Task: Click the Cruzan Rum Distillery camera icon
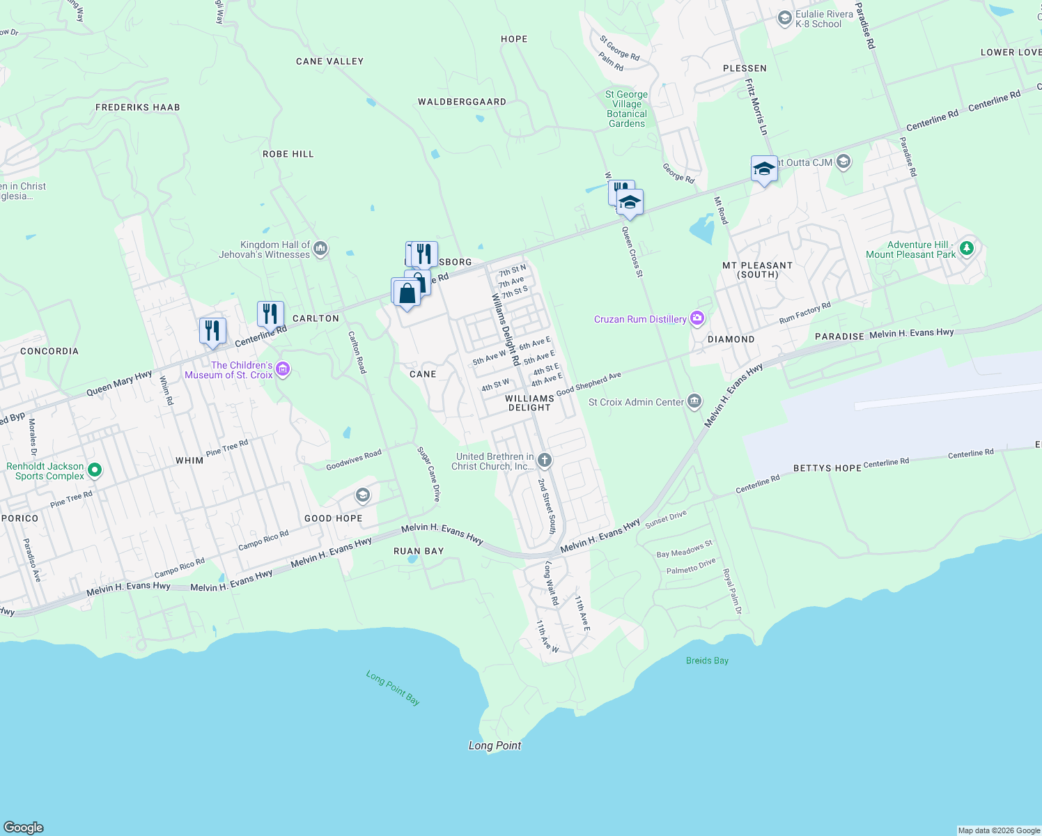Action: pyautogui.click(x=697, y=319)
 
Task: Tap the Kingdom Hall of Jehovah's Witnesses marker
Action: pyautogui.click(x=320, y=249)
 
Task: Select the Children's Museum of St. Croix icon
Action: pyautogui.click(x=283, y=369)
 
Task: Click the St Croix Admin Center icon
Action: pyautogui.click(x=694, y=401)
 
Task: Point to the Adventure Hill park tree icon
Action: pyautogui.click(x=966, y=248)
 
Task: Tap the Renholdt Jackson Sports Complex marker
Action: pyautogui.click(x=95, y=471)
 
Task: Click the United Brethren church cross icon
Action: pyautogui.click(x=545, y=460)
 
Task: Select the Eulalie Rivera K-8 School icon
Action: pyautogui.click(x=785, y=18)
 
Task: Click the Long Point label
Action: pyautogui.click(x=495, y=745)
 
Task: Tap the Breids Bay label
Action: pyautogui.click(x=707, y=660)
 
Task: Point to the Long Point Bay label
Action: pyautogui.click(x=394, y=688)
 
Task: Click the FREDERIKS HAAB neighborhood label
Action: pyautogui.click(x=138, y=107)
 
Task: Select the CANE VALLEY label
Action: pyautogui.click(x=329, y=61)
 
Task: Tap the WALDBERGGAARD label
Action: pyautogui.click(x=462, y=102)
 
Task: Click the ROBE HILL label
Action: pyautogui.click(x=288, y=154)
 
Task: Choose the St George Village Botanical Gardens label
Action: pyautogui.click(x=627, y=109)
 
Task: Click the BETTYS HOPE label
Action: pyautogui.click(x=827, y=468)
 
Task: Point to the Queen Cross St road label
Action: pyautogui.click(x=632, y=251)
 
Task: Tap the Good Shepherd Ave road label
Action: pyautogui.click(x=589, y=383)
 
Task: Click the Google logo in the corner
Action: pyautogui.click(x=23, y=828)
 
